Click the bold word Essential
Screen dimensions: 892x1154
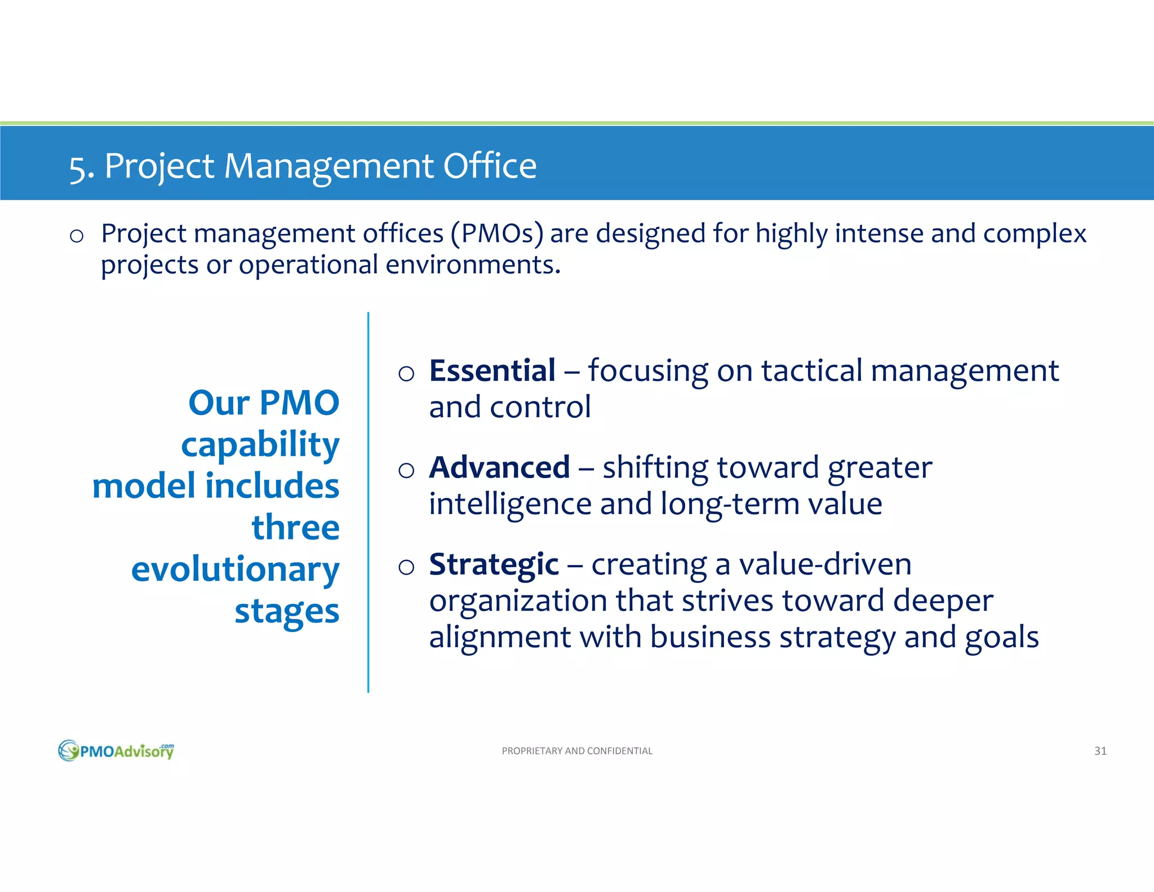(x=492, y=371)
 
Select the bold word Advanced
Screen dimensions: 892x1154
(x=499, y=468)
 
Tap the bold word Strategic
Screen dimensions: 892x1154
(x=494, y=564)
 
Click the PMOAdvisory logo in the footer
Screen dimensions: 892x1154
(x=116, y=750)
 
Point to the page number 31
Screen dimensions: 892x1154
(x=1100, y=751)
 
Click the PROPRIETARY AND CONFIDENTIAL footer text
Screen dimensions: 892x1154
(x=576, y=751)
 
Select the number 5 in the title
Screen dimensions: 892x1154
(x=78, y=167)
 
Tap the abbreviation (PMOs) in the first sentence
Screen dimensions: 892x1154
(x=497, y=233)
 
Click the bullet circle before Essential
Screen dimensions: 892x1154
(x=406, y=373)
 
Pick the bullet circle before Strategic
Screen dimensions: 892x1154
(x=406, y=567)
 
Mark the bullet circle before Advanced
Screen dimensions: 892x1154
(x=406, y=470)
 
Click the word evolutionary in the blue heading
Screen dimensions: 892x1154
(x=235, y=569)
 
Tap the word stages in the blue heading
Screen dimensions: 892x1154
(x=287, y=612)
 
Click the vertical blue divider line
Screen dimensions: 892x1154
(x=368, y=502)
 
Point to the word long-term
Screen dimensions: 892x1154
(x=729, y=504)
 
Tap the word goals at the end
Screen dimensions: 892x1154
(x=1001, y=638)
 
